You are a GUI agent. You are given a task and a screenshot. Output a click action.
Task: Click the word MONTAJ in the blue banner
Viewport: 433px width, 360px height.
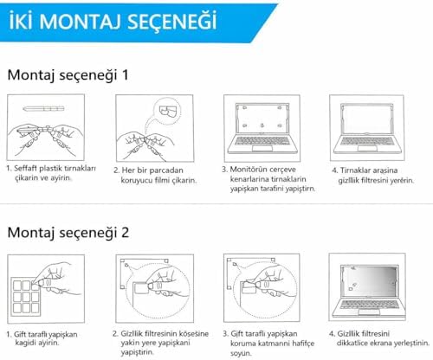pos(81,22)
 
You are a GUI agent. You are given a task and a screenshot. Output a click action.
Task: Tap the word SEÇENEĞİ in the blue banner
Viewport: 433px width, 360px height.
pos(171,21)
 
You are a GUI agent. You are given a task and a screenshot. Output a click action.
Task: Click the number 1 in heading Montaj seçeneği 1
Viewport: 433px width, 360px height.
pos(126,74)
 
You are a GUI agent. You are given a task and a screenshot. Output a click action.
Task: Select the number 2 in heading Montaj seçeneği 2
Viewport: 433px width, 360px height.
pos(125,232)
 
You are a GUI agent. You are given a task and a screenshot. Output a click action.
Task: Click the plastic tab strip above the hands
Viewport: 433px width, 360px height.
pos(43,108)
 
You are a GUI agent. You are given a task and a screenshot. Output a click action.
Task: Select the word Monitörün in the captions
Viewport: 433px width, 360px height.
pos(247,169)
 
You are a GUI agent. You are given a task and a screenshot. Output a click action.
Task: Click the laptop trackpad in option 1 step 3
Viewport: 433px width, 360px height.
pos(262,148)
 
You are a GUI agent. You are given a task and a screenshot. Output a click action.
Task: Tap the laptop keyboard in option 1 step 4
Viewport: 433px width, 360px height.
pos(366,141)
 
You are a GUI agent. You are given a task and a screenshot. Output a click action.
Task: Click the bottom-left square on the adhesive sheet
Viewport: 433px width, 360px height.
pos(17,308)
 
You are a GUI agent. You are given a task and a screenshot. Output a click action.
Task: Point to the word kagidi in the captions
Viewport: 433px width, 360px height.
pos(24,343)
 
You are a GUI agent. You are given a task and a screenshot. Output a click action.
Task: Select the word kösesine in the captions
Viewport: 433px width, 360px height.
pos(194,334)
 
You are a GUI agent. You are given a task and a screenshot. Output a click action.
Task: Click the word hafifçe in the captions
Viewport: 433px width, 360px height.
pos(303,344)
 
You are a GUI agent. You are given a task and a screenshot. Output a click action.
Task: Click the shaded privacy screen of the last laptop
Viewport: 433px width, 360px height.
pos(370,281)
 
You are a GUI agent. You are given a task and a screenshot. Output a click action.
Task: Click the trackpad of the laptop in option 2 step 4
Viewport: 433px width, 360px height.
pos(369,312)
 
